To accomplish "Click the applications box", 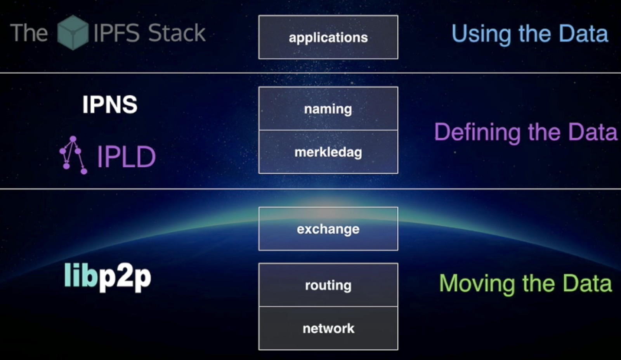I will (328, 37).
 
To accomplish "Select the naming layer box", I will (328, 109).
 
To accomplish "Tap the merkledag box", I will (328, 152).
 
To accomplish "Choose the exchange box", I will (328, 229).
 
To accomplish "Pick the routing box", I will (328, 285).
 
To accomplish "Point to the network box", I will (328, 328).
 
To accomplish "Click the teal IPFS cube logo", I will (73, 33).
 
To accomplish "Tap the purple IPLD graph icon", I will (73, 155).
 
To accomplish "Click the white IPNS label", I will (110, 104).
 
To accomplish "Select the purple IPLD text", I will (126, 157).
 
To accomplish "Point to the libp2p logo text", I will (108, 276).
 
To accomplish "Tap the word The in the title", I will (29, 33).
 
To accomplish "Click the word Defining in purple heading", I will (477, 133).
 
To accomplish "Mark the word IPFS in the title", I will (116, 33).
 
